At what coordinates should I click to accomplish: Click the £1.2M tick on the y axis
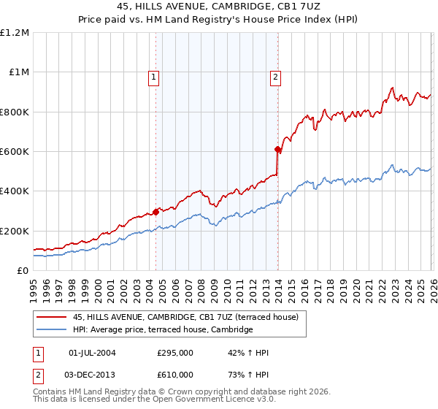pyautogui.click(x=15, y=33)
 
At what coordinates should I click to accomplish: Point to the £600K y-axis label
pyautogui.click(x=15, y=152)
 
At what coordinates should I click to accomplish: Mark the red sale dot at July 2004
pyautogui.click(x=156, y=212)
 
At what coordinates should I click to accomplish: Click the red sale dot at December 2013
pyautogui.click(x=277, y=150)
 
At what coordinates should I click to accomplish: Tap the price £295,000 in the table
pyautogui.click(x=175, y=353)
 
